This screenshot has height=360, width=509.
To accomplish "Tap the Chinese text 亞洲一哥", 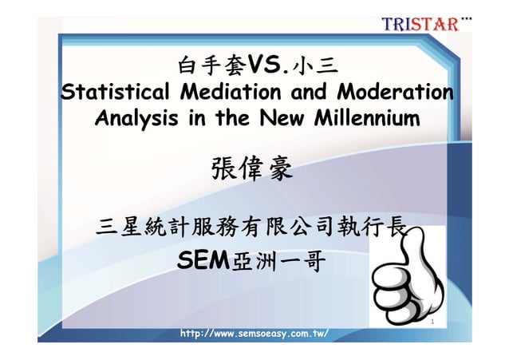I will (x=276, y=260).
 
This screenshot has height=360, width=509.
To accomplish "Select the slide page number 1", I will (x=431, y=323).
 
